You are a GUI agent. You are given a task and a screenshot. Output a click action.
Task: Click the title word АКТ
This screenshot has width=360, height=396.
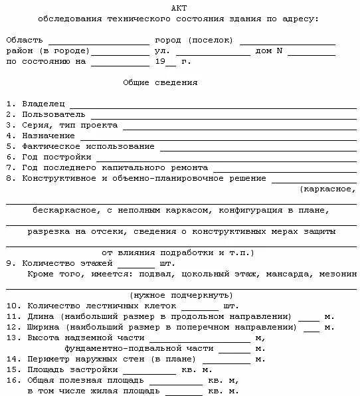(179, 7)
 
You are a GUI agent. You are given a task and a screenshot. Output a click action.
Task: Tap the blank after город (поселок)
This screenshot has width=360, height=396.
(287, 41)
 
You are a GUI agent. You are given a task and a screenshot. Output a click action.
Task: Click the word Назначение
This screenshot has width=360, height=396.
(48, 136)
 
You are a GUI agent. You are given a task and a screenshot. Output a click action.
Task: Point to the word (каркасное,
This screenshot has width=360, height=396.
(328, 189)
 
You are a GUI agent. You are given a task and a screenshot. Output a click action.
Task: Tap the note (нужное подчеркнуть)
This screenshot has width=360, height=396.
(181, 295)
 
